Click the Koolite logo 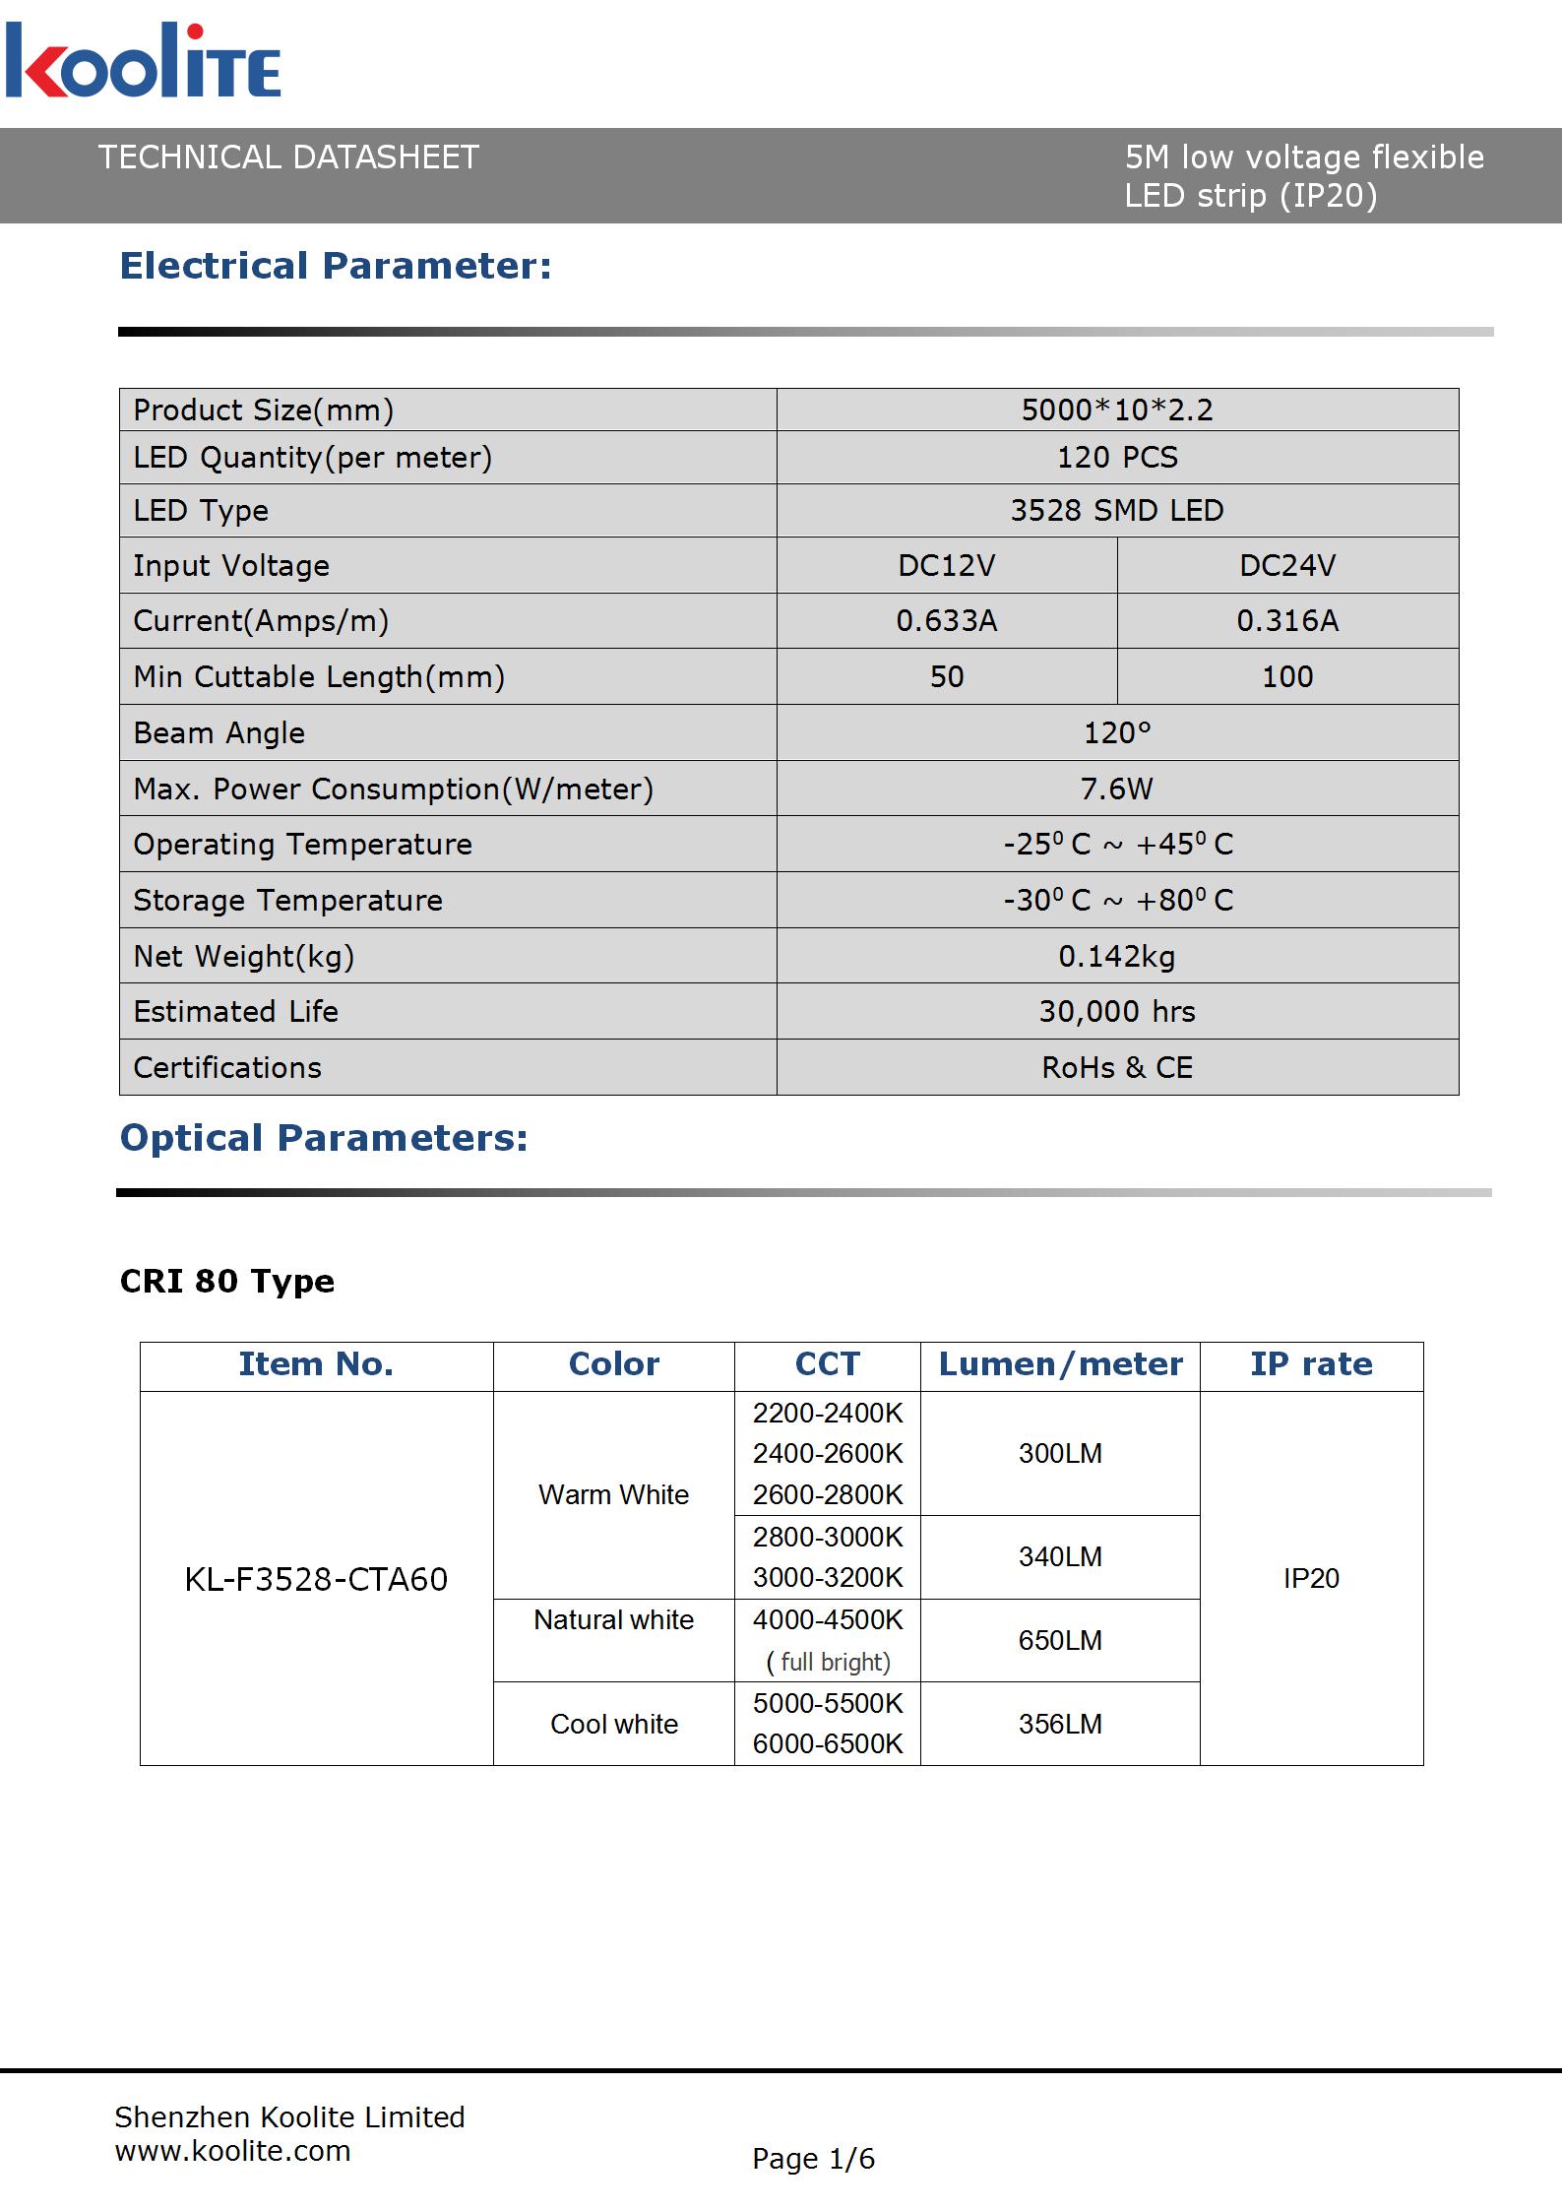[143, 61]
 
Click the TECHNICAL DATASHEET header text [288, 158]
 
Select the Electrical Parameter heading [336, 266]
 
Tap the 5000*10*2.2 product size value [1117, 410]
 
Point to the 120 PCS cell [1117, 457]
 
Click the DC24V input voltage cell [1287, 565]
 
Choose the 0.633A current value [947, 620]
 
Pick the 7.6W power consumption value [1117, 789]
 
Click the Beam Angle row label [219, 733]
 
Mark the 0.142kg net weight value [1117, 956]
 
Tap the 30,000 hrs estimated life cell [1117, 1012]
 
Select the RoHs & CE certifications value [1117, 1068]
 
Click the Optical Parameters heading [324, 1138]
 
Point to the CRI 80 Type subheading [227, 1281]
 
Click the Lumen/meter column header [1060, 1364]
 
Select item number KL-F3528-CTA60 [316, 1579]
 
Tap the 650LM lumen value [1060, 1640]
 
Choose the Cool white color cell [614, 1724]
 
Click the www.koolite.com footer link [233, 2151]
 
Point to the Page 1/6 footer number [813, 2159]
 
